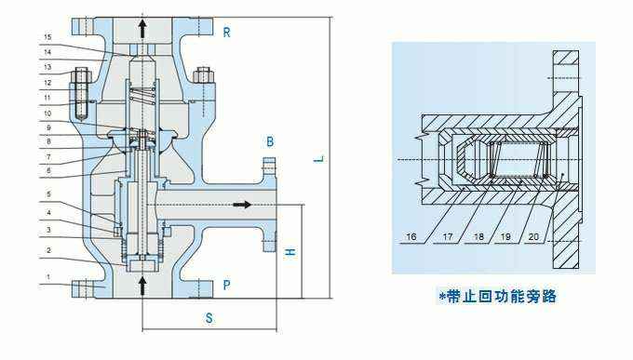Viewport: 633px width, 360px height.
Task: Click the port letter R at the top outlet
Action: tap(226, 33)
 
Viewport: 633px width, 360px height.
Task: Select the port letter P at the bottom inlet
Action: tap(226, 284)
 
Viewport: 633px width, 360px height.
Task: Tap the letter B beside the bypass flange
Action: tap(270, 141)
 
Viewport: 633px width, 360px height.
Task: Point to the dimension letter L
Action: tap(317, 158)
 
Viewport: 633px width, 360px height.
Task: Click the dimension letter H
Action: tap(290, 251)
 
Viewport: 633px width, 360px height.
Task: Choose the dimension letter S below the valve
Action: tap(209, 318)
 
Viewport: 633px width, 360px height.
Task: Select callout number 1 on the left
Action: tap(47, 278)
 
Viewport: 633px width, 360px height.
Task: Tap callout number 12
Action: tap(47, 82)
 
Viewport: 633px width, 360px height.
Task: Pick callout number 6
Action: tap(47, 170)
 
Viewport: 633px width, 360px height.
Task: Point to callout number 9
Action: tap(47, 127)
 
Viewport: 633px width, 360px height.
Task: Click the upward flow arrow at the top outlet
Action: tap(141, 25)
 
